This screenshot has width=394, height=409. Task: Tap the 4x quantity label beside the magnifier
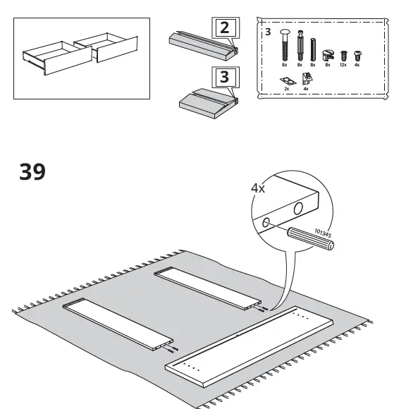pos(259,188)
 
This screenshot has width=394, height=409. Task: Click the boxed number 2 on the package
pos(224,29)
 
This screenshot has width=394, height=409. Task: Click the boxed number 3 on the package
pos(224,77)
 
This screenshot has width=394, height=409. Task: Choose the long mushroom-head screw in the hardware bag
pos(285,46)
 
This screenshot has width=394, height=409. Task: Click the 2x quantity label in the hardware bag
pos(287,90)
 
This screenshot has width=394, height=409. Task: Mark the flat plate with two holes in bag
pos(287,81)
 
